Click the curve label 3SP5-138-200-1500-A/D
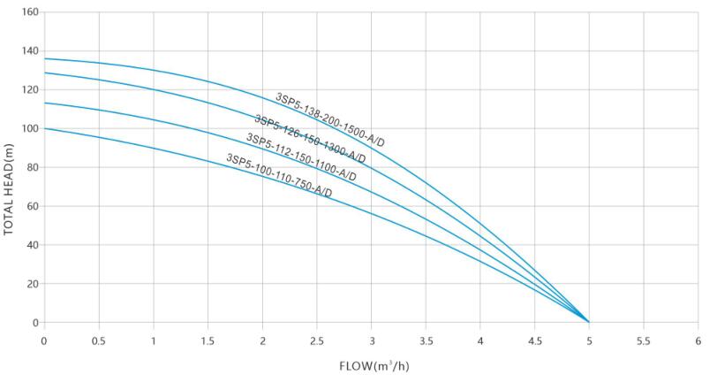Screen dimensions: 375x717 (x=329, y=119)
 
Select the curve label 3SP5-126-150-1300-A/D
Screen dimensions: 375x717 (x=309, y=139)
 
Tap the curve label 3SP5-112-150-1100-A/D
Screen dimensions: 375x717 (x=301, y=157)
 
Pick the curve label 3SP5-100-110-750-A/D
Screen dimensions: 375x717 (x=279, y=176)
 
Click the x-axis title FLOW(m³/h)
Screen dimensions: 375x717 (x=371, y=364)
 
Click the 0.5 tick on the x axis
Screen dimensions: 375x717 (x=98, y=339)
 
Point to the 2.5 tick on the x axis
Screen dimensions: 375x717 (x=316, y=339)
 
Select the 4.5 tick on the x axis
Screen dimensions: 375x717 (x=534, y=339)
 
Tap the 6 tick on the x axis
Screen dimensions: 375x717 (x=698, y=339)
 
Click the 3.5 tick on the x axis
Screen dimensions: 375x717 (x=426, y=339)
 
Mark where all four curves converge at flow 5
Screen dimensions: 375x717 (x=589, y=322)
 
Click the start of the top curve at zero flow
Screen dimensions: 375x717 (x=44, y=58)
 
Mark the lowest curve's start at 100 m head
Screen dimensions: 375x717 (x=44, y=128)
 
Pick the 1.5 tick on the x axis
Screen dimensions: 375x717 (x=208, y=339)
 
